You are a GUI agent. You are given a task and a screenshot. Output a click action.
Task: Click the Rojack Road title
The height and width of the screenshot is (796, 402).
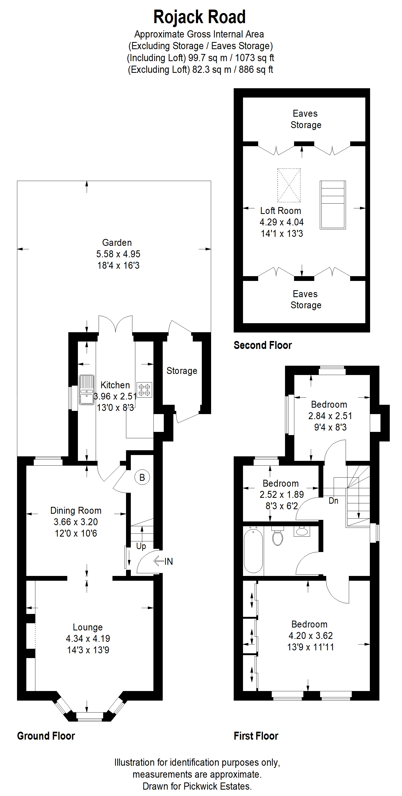pos(199,17)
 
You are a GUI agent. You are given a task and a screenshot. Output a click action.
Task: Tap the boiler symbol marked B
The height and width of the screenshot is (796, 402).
pos(142,477)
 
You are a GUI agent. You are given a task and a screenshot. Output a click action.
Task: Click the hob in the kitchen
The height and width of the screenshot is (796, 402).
pos(144,390)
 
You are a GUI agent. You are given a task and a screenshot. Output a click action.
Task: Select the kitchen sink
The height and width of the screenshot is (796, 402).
pos(87,390)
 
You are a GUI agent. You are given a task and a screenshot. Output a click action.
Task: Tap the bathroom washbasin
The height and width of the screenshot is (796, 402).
pos(302,532)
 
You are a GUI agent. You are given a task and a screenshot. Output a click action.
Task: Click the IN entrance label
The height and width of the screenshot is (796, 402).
pos(169,562)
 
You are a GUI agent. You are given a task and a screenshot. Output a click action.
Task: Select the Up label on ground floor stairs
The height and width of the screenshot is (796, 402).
pos(141,546)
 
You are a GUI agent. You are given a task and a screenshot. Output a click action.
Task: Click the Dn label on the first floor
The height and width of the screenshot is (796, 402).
pos(333,501)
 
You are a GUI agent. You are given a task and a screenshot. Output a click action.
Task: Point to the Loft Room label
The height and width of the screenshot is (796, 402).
pos(280,211)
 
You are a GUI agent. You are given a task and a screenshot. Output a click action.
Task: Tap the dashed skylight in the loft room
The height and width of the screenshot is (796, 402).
pos(289,186)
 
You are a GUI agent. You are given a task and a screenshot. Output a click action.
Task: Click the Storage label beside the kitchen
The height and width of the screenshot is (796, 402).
pos(182,371)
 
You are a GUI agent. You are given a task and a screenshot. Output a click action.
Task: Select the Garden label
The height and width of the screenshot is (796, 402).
pos(117,243)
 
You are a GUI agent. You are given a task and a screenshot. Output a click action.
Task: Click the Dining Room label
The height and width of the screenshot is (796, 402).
pos(76,511)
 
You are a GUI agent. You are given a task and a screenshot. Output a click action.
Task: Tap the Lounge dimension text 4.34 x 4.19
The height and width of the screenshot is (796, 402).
pos(88,638)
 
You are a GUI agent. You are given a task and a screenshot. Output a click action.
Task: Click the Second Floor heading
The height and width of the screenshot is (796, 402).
pos(262,345)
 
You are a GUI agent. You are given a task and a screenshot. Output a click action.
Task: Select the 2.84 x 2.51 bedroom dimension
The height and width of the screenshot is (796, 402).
pos(330,416)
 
